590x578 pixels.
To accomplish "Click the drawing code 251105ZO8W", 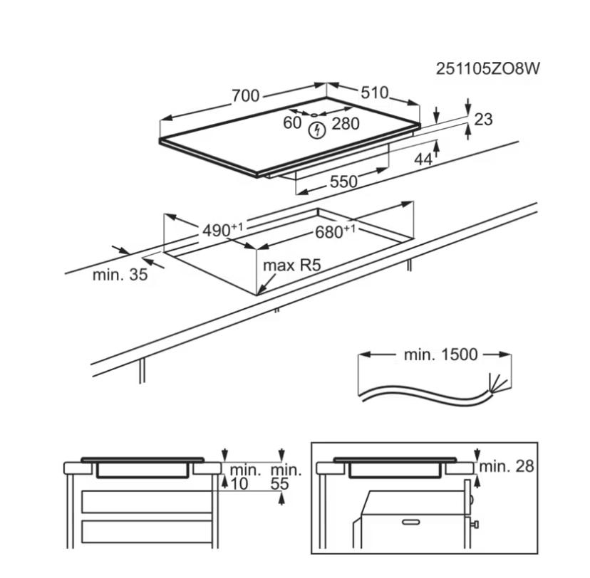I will click(x=488, y=69).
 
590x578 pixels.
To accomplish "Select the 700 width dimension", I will click(x=245, y=95).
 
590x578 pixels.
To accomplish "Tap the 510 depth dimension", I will click(x=374, y=93).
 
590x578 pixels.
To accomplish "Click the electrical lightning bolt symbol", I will click(x=317, y=130).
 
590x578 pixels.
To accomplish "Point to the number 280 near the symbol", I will click(x=346, y=123).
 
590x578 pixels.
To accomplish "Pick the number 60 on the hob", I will click(x=293, y=123).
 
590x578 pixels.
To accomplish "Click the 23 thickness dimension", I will click(x=483, y=120).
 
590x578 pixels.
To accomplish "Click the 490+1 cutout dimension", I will click(x=222, y=230).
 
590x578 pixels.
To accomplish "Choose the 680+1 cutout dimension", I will click(x=334, y=232).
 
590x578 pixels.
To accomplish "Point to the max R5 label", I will click(x=292, y=266).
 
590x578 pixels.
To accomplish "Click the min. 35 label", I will click(x=120, y=275).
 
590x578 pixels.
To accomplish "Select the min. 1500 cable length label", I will click(x=440, y=354).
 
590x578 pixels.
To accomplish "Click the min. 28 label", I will click(x=506, y=467).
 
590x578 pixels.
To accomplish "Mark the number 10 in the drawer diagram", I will click(x=239, y=484).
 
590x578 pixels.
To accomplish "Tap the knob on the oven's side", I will click(x=475, y=525).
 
